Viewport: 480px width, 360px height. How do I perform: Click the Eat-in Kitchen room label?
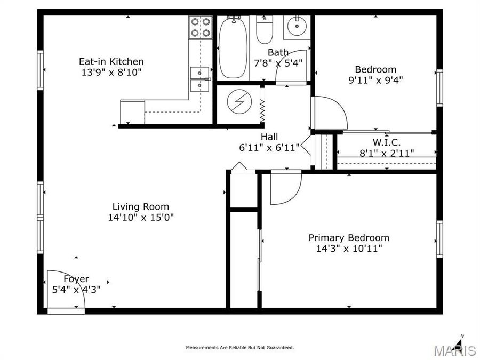coord(111,61)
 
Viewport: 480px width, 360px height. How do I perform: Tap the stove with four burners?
coord(200,28)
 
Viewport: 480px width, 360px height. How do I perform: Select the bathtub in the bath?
coord(233,48)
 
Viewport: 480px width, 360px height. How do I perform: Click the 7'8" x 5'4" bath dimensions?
coord(278,62)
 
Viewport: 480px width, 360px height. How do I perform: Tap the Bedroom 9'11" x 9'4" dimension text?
coord(375,80)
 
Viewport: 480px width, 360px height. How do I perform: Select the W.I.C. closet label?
coord(386,142)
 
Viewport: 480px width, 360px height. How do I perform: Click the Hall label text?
coord(269,137)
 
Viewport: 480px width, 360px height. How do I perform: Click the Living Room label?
coord(141,206)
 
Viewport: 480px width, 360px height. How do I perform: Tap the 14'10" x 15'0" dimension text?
coord(141,217)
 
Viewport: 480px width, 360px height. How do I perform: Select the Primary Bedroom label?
coord(349,237)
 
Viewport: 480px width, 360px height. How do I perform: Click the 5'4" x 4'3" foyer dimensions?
coord(76,290)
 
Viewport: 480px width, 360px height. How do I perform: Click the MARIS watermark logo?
coord(454,350)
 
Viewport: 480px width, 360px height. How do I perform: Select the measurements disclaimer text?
coord(239,348)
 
